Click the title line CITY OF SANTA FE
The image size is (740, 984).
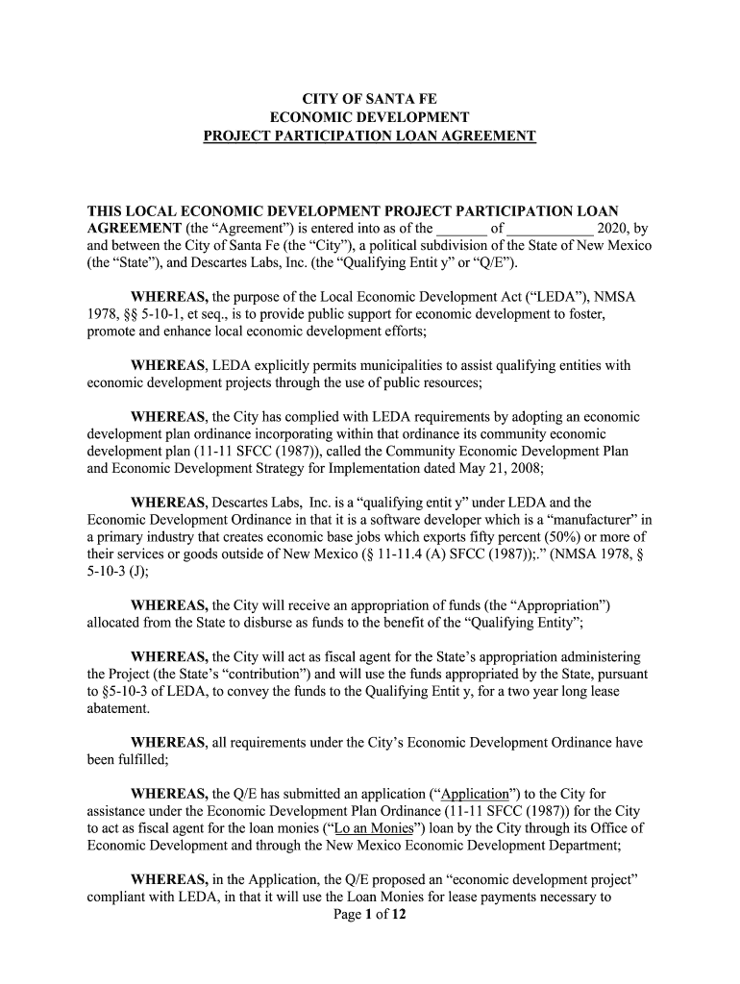click(369, 98)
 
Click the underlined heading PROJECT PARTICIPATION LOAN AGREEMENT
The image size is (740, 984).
click(369, 136)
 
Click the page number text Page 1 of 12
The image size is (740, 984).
click(369, 915)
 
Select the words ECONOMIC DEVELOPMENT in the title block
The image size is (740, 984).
click(369, 117)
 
